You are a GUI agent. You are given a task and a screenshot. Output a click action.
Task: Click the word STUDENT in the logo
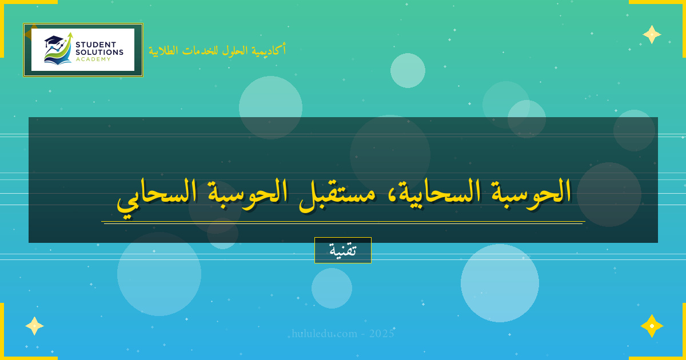tap(95, 45)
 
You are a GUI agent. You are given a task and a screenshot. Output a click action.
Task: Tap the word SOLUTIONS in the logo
tap(99, 52)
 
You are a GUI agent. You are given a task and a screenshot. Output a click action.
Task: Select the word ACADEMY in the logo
tap(94, 59)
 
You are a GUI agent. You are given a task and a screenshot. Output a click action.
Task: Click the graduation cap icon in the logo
tap(53, 41)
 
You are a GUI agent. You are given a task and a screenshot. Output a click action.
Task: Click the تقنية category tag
tap(343, 250)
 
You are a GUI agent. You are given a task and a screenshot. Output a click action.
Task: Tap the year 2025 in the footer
tap(381, 334)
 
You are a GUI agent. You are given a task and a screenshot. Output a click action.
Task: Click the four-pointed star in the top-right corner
tap(652, 34)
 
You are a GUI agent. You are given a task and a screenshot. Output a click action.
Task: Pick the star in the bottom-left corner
tap(34, 326)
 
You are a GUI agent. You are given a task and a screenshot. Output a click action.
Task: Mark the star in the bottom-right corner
tap(652, 326)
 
